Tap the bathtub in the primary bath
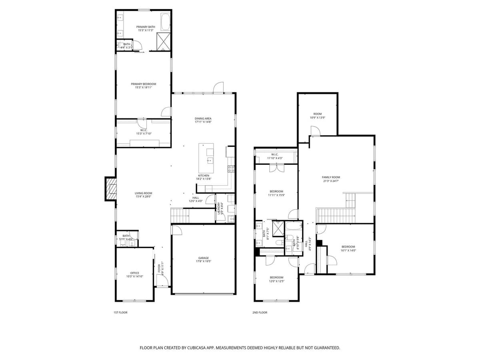[x=166, y=22]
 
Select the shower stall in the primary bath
[x=163, y=40]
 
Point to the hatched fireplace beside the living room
[x=110, y=189]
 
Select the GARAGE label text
[x=203, y=258]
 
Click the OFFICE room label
[x=134, y=273]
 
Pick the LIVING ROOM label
[x=143, y=193]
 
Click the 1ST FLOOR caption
[x=120, y=312]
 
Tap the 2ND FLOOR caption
[x=260, y=312]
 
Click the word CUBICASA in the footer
[x=196, y=348]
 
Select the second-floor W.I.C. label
[x=275, y=154]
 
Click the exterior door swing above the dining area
[x=218, y=87]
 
